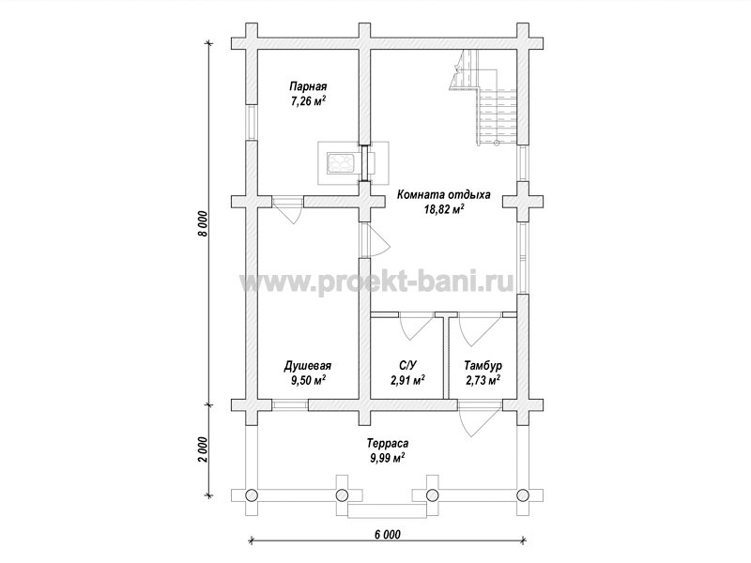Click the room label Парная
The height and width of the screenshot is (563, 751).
point(308,86)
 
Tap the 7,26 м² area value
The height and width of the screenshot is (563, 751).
point(308,100)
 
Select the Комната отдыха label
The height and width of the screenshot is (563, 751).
point(443,195)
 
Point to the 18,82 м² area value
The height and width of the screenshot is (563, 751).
point(444,209)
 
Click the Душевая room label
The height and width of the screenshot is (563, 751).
point(308,366)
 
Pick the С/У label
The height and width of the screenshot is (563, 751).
point(407,366)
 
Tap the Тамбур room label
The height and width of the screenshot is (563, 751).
point(483,366)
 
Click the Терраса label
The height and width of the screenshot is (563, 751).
point(388,443)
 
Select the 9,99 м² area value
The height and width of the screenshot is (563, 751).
point(388,458)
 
